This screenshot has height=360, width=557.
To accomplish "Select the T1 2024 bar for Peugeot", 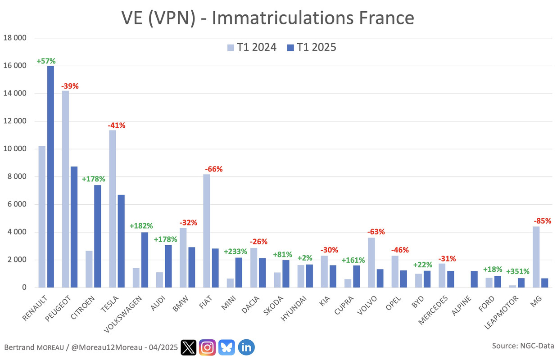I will (x=65, y=189).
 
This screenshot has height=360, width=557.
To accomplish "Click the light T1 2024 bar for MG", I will (x=536, y=257).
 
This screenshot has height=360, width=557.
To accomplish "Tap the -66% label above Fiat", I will (x=213, y=169).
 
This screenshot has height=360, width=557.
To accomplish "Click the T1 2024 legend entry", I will (x=251, y=47).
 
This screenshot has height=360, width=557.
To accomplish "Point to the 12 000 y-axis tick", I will (x=15, y=121).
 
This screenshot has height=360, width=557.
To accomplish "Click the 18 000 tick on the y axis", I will (x=15, y=38).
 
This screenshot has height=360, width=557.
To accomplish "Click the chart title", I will (x=267, y=18).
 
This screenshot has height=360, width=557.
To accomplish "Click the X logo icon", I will (x=189, y=347).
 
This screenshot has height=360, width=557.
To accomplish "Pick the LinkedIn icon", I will (x=246, y=347).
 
